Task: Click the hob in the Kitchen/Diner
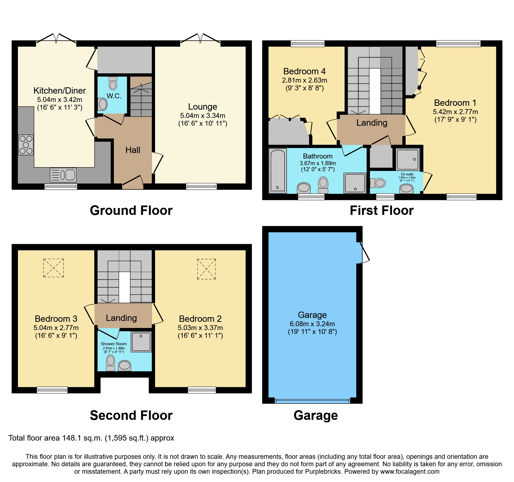pos(26,145)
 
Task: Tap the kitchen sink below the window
pos(63,175)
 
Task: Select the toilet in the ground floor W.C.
pos(113,84)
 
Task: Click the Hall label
pos(133,150)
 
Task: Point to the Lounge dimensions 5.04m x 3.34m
pos(203,116)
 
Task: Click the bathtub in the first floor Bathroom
pos(278,170)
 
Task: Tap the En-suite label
pos(407,174)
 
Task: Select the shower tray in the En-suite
pos(408,159)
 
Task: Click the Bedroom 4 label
pos(304,71)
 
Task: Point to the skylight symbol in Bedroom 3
pos(54,268)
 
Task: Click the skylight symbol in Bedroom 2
pos(206,269)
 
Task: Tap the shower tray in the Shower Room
pos(141,342)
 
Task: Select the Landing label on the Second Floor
pos(121,318)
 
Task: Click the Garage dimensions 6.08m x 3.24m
pos(312,324)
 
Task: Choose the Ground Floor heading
pos(131,210)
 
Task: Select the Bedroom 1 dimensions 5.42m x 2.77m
pos(455,112)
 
